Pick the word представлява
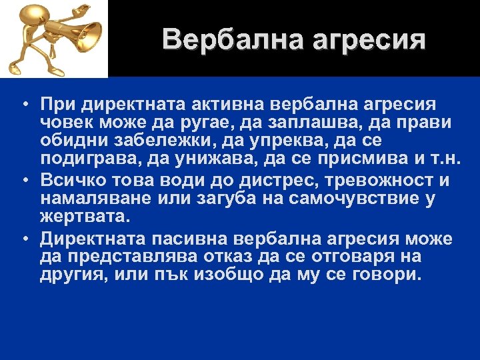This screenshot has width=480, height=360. (x=129, y=257)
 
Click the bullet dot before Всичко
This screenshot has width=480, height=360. (x=23, y=181)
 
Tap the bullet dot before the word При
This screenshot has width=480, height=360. (x=23, y=106)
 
